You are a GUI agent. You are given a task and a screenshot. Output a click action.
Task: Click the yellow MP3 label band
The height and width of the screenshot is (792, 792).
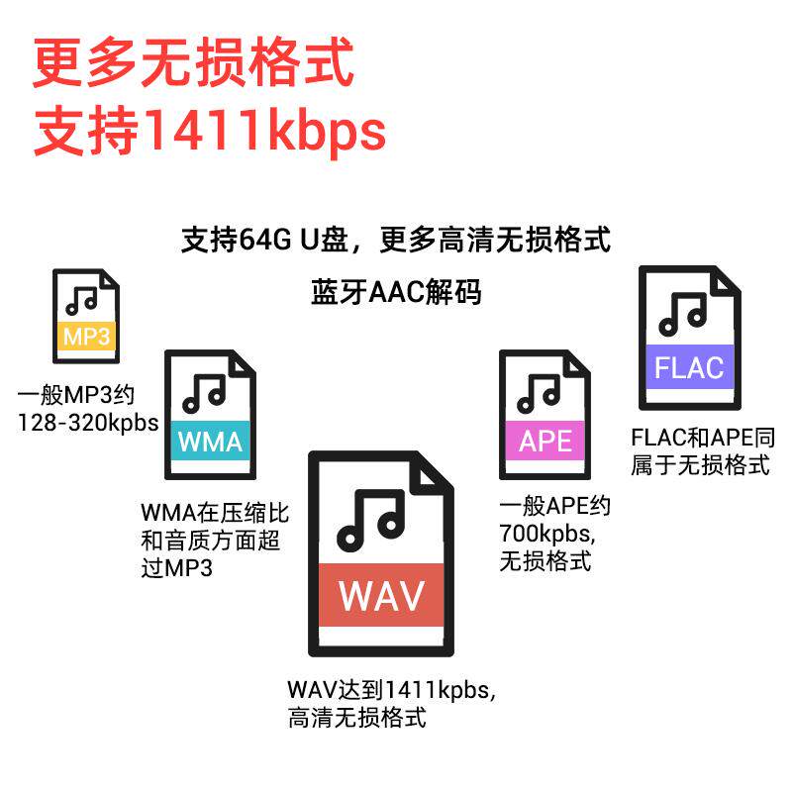86,337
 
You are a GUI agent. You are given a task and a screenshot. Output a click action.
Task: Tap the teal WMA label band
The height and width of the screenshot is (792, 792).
210,441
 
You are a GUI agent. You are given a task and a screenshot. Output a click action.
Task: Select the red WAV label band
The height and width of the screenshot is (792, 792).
381,596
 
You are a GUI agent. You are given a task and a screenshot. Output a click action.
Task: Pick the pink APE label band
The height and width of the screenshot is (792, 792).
545,441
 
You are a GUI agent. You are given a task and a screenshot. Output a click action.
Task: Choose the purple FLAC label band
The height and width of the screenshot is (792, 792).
689,367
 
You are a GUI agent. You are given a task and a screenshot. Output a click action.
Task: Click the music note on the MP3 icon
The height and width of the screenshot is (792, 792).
82,297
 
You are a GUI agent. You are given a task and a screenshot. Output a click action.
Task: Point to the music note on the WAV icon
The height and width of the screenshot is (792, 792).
371,520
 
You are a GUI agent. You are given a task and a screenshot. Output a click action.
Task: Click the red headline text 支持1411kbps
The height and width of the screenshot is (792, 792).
209,132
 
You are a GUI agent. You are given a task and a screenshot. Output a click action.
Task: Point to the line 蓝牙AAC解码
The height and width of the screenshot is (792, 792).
396,293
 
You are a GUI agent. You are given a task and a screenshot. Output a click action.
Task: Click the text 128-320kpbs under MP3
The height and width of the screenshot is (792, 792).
88,422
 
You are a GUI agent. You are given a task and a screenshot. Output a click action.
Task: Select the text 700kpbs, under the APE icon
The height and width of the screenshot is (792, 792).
545,534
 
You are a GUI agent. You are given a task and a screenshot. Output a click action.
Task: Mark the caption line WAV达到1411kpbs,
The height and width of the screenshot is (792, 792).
391,690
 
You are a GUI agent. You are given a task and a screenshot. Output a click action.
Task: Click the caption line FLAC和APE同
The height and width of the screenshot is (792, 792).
702,438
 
